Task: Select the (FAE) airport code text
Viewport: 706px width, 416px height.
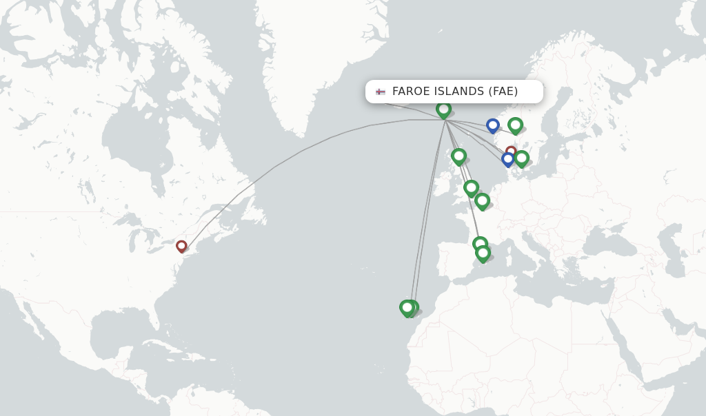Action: (x=503, y=92)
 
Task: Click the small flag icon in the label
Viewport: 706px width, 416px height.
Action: (x=381, y=92)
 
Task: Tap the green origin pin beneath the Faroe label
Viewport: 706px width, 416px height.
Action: (x=443, y=109)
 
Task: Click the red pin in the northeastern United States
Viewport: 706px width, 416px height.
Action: (x=181, y=246)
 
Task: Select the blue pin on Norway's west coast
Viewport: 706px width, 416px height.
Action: (x=492, y=125)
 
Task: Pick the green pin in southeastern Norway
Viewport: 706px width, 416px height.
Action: (x=515, y=125)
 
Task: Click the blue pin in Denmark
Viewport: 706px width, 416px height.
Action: (x=508, y=159)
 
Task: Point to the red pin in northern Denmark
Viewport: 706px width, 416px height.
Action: (x=511, y=151)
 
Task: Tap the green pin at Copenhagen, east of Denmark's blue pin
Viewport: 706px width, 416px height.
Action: (x=521, y=158)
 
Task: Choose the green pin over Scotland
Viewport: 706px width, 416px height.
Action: (x=458, y=156)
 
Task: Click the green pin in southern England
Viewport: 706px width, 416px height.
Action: (x=471, y=187)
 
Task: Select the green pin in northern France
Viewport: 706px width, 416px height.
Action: (x=482, y=200)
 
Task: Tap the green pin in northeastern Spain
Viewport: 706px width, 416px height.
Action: (x=480, y=244)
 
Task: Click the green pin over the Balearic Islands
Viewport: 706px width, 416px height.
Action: (x=483, y=253)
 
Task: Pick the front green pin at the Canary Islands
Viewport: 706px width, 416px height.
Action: (x=407, y=307)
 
